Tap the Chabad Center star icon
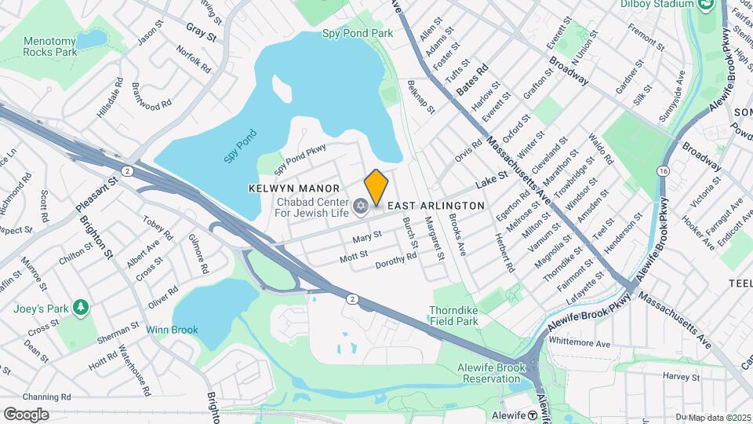coord(361,206)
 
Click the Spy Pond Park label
coord(358,34)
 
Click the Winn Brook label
coord(172,330)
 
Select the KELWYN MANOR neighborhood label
coord(294,188)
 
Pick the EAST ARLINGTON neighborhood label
coord(437,205)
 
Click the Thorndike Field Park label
coord(464,316)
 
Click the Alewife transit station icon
coord(532,415)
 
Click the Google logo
coord(26,414)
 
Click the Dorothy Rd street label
coord(395,261)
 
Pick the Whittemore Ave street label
coord(580,343)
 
